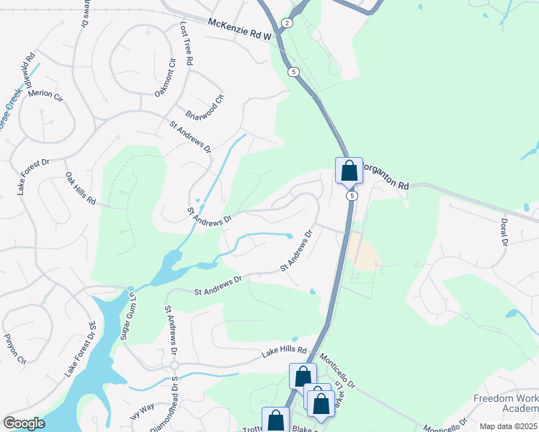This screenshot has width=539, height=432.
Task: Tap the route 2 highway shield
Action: pos(288,23)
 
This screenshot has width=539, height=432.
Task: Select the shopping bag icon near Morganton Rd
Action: pos(349,171)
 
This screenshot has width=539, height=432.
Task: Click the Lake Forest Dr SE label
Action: pos(81,349)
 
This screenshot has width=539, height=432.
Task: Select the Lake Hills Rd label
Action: pos(284,351)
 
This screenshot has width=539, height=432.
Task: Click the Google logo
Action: pos(24,423)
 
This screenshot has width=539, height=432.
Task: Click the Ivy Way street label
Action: pos(142,408)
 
